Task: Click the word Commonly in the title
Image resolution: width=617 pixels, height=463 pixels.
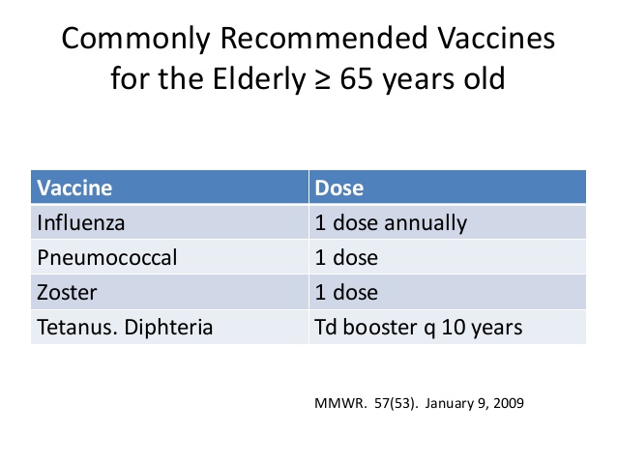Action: [x=135, y=40]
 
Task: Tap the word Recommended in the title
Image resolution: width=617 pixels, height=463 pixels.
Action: [x=324, y=38]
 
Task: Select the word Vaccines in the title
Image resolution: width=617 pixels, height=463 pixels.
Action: [x=496, y=38]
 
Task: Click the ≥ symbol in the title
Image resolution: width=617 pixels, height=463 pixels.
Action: [x=323, y=80]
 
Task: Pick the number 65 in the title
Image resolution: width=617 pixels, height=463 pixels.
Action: [x=357, y=79]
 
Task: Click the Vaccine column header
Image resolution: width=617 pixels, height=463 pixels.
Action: [x=74, y=188]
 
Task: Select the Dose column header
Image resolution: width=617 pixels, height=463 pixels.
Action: [x=338, y=188]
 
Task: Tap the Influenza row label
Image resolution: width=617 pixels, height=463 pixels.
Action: [x=81, y=222]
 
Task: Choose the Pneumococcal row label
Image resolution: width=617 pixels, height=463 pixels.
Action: [x=107, y=258]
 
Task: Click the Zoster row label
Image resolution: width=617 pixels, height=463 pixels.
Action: [x=67, y=293]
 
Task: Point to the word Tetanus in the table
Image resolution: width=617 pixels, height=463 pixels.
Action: [x=77, y=328]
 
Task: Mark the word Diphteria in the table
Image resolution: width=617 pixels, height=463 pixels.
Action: [x=168, y=328]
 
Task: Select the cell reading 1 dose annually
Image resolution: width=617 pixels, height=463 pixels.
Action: [x=391, y=223]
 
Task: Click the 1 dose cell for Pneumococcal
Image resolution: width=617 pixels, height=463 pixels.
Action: [x=346, y=258]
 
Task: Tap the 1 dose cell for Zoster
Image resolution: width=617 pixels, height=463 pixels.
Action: [x=346, y=293]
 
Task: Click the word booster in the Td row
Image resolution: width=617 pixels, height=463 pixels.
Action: [x=380, y=328]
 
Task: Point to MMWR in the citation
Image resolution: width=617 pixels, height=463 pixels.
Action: [x=340, y=404]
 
